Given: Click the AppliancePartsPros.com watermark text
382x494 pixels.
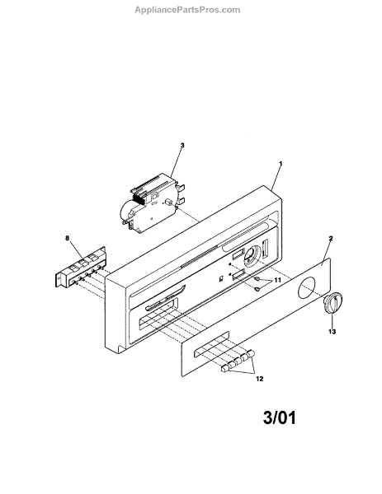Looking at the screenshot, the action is (x=187, y=10).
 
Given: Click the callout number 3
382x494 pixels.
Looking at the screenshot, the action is (x=182, y=145).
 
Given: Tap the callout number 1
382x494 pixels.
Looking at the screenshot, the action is (x=281, y=164).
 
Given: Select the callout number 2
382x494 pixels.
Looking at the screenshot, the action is (x=331, y=238).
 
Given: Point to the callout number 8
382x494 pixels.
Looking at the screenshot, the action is (x=67, y=238).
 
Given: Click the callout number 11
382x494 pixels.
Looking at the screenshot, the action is (x=277, y=280).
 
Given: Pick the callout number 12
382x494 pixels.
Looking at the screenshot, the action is (x=259, y=379).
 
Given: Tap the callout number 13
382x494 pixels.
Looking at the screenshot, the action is (x=332, y=332).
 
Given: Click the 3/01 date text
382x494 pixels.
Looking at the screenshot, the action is (x=280, y=417).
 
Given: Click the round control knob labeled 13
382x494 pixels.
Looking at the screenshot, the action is (x=332, y=303).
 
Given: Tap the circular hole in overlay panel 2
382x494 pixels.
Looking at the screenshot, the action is (x=305, y=288).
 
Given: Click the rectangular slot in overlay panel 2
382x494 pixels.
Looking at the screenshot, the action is (x=212, y=343).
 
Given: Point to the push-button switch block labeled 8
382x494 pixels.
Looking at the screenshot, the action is (x=81, y=267).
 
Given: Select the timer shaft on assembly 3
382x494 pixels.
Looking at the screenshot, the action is (x=167, y=202).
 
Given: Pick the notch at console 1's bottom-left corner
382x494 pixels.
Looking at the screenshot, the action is (x=120, y=349).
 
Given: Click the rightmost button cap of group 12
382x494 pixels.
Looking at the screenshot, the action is (x=252, y=354).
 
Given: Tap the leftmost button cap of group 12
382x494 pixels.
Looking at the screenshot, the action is (x=224, y=368).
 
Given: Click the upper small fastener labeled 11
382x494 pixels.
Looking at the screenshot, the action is (x=257, y=279).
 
